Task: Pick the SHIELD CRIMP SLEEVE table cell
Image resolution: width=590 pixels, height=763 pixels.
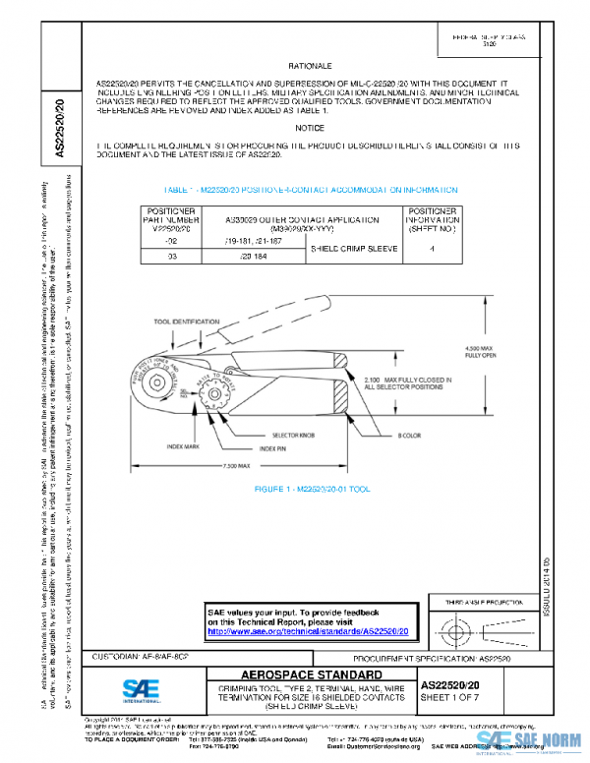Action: [x=353, y=249]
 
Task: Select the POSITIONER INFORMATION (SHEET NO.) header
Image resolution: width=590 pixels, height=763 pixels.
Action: [x=432, y=221]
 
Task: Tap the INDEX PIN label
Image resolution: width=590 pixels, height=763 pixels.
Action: [x=276, y=448]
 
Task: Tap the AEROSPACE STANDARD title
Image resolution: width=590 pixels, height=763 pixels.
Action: [x=309, y=675]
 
